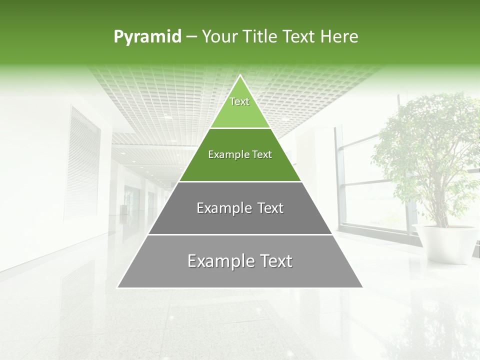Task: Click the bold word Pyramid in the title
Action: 147,36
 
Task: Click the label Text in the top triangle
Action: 239,101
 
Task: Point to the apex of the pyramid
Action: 240,76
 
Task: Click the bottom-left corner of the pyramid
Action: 118,287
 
